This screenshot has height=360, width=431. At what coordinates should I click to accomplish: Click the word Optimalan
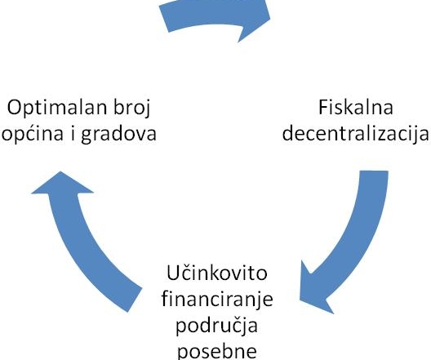point(56,109)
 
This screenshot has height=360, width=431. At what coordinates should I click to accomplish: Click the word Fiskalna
point(356,107)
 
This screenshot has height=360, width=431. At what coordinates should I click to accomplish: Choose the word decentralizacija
point(356,133)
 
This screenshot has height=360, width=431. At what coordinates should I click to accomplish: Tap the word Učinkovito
point(217,273)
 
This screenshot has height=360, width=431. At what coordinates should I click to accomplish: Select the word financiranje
point(217,299)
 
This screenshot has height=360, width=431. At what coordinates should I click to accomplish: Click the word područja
point(216,326)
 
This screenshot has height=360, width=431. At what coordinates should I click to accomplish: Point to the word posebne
point(217,351)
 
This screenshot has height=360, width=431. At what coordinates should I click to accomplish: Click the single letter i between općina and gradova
point(73,132)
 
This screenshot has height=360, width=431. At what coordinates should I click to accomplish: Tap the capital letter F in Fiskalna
point(323,107)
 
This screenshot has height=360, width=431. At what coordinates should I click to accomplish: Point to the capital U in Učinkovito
point(172,273)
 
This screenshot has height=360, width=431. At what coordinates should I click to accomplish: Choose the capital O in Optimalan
point(14,108)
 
